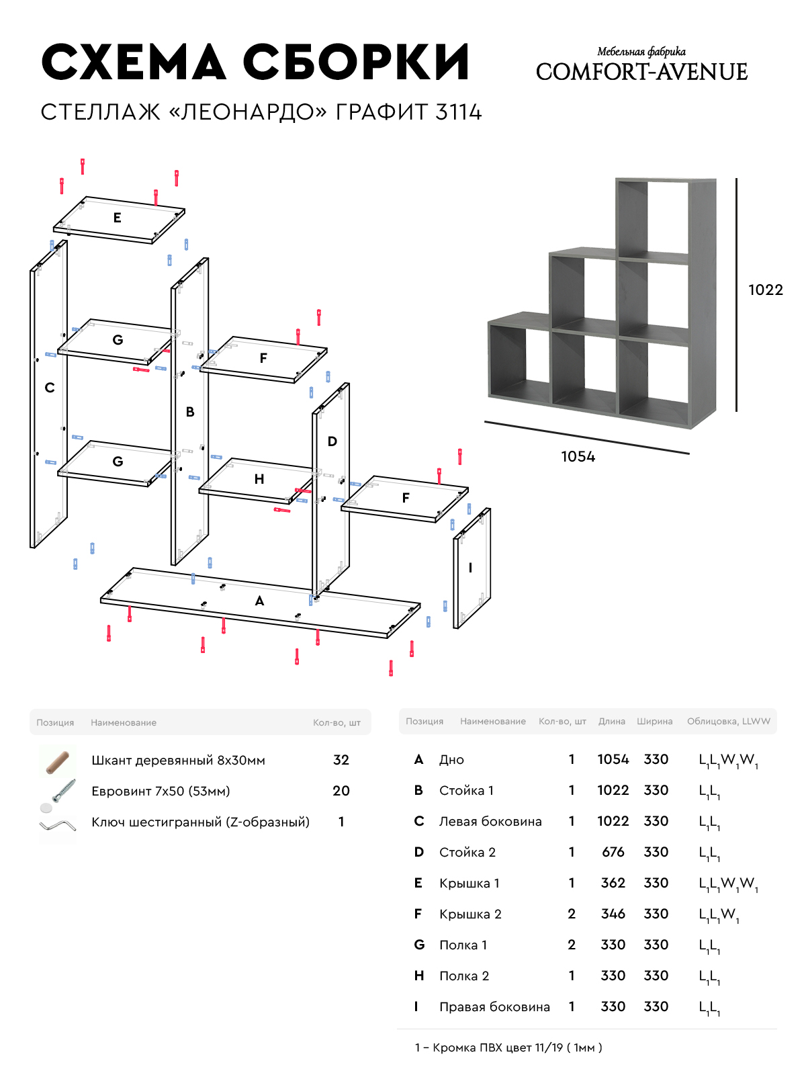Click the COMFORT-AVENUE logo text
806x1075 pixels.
[x=641, y=72]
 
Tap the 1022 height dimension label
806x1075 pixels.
[x=766, y=290]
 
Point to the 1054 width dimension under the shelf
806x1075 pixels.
[x=578, y=457]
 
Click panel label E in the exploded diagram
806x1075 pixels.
[x=118, y=218]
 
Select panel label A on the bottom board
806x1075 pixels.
[x=260, y=601]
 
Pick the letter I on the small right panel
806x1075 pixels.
[x=470, y=568]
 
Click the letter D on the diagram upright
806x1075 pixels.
[x=332, y=441]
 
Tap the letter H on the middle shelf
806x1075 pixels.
[x=259, y=479]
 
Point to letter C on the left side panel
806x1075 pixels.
[x=50, y=388]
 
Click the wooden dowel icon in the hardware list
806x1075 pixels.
[x=58, y=762]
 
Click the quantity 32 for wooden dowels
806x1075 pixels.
[x=341, y=760]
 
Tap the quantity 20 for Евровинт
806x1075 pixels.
[x=341, y=791]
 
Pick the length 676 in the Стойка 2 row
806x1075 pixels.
[x=613, y=852]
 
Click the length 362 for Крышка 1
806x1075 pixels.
[x=613, y=883]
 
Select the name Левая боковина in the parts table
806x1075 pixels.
[x=490, y=821]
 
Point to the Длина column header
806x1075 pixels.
[x=612, y=722]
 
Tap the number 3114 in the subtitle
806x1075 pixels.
[x=459, y=112]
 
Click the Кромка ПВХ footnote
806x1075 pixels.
[x=508, y=1047]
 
